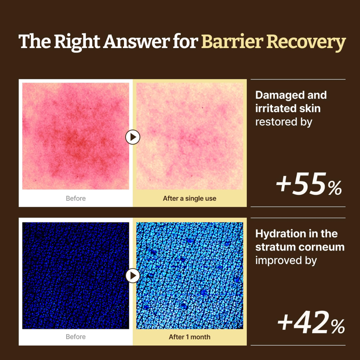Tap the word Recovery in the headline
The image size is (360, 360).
pyautogui.click(x=306, y=43)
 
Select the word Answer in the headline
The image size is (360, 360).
pyautogui.click(x=136, y=42)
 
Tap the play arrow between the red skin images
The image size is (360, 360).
pyautogui.click(x=133, y=137)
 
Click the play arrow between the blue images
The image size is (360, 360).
pyautogui.click(x=133, y=276)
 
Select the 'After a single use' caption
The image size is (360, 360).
pyautogui.click(x=190, y=198)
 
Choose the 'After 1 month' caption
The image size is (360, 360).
pyautogui.click(x=190, y=337)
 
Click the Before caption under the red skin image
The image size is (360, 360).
pyautogui.click(x=76, y=198)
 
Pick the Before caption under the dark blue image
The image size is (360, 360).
pyautogui.click(x=76, y=337)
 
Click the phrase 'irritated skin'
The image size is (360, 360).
pyautogui.click(x=288, y=108)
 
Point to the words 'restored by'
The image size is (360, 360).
pyautogui.click(x=284, y=122)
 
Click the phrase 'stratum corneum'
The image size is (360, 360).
pyautogui.click(x=300, y=247)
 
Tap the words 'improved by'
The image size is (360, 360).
pyautogui.click(x=286, y=261)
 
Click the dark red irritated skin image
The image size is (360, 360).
pyautogui.click(x=76, y=136)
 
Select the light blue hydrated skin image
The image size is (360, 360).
pyautogui.click(x=190, y=276)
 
